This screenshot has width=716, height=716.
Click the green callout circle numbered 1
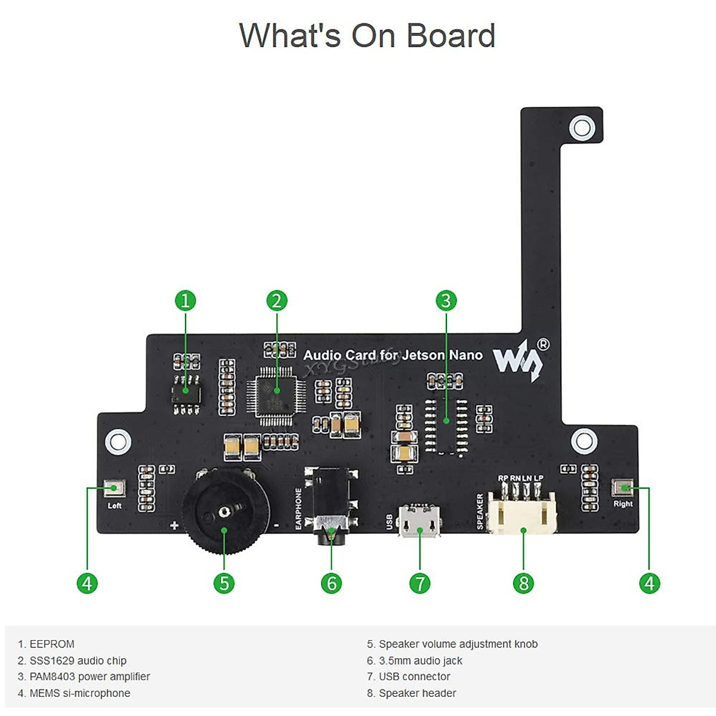point(186,300)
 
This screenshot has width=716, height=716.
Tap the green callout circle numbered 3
point(446,300)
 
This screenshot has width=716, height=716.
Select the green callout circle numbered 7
point(419,583)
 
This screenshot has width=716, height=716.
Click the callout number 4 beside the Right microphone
point(649,583)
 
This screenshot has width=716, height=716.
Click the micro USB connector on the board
point(419,521)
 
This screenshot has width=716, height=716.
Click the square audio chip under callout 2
point(276,391)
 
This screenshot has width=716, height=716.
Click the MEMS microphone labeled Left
point(113,489)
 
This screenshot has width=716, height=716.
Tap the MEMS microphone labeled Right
point(624,488)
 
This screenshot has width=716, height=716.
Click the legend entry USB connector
point(414,677)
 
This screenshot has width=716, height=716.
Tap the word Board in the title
point(451,36)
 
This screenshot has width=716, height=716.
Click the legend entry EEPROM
point(52,644)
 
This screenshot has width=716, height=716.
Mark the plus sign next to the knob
point(174,526)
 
